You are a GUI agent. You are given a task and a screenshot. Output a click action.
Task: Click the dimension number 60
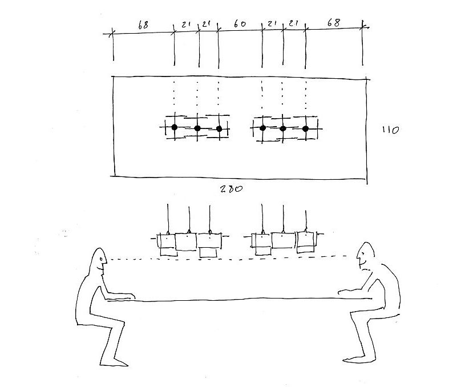(x=240, y=25)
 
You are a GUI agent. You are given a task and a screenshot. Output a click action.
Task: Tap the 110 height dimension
(x=391, y=131)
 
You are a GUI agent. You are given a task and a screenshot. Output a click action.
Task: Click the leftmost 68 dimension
(x=143, y=25)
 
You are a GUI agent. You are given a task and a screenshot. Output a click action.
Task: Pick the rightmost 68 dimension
(x=334, y=24)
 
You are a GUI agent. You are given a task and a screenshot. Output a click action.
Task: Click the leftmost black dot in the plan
(x=175, y=127)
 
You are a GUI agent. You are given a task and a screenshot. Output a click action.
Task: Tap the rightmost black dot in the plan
(x=305, y=128)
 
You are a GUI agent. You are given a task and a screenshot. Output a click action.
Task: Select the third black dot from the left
(x=219, y=128)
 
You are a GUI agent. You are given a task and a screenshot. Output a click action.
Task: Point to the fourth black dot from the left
(x=262, y=127)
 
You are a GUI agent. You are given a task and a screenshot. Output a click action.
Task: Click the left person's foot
(x=120, y=362)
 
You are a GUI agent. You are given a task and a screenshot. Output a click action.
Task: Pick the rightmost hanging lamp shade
(x=306, y=240)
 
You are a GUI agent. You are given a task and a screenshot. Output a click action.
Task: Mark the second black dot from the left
(x=197, y=128)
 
